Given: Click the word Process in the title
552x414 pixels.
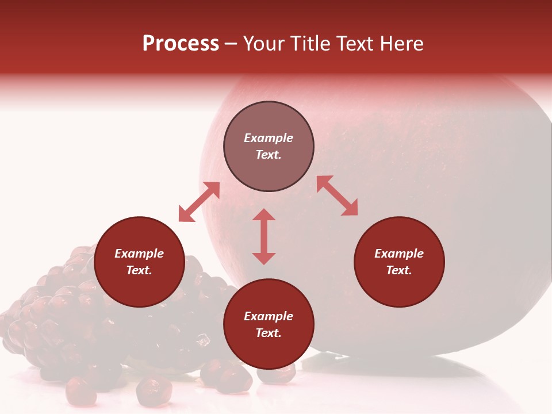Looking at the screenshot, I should click(x=181, y=44).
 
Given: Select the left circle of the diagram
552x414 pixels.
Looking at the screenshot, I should click(x=139, y=262).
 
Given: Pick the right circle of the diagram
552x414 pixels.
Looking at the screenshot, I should click(x=399, y=262).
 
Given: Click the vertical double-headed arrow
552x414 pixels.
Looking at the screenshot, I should click(x=264, y=236).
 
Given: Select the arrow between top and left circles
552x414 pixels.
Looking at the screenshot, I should click(x=199, y=202).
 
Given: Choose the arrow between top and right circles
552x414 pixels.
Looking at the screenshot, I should click(x=337, y=195).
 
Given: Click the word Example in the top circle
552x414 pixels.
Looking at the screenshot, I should click(x=269, y=138).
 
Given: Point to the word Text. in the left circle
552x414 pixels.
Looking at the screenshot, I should click(x=139, y=270).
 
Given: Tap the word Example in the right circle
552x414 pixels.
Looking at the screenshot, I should click(x=399, y=254).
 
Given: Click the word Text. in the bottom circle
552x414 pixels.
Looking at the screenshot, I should click(x=269, y=333).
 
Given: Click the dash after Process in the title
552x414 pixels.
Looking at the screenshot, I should click(x=231, y=44).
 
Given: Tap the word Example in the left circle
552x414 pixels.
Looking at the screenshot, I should click(x=139, y=254).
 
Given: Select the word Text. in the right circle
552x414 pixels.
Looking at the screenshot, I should click(x=399, y=270).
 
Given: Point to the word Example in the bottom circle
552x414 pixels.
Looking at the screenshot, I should click(x=269, y=316).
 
